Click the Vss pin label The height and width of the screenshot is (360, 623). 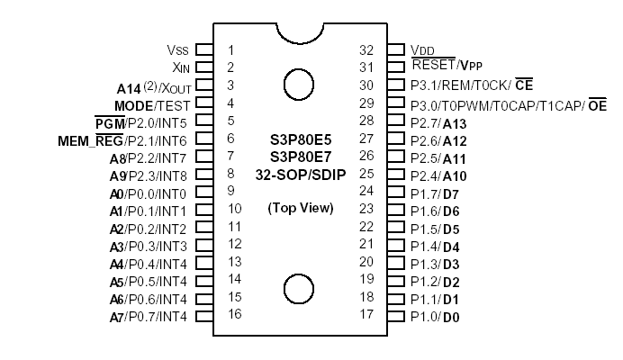coord(177,50)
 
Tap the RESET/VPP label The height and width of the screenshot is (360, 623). coord(447,67)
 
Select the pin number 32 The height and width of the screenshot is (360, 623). coord(366,50)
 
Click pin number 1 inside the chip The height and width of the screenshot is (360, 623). coord(230,50)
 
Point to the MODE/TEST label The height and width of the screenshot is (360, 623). coord(155,103)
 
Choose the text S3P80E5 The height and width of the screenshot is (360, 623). coord(300,139)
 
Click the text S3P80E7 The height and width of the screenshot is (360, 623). coord(300,157)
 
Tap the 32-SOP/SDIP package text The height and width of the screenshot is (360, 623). coord(300,174)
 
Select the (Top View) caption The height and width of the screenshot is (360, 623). coord(300,208)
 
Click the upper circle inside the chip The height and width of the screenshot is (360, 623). coord(299,85)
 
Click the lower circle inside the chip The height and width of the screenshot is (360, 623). coord(299,290)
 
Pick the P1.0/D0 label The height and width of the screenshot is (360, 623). coord(436,316)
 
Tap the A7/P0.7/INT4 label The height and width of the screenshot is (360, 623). coord(149,316)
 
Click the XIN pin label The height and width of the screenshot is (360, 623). coord(179,67)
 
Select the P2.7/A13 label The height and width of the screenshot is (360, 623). coord(438,121)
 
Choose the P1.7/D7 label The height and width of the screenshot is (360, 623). coord(436,192)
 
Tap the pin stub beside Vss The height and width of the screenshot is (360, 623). coord(203,50)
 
